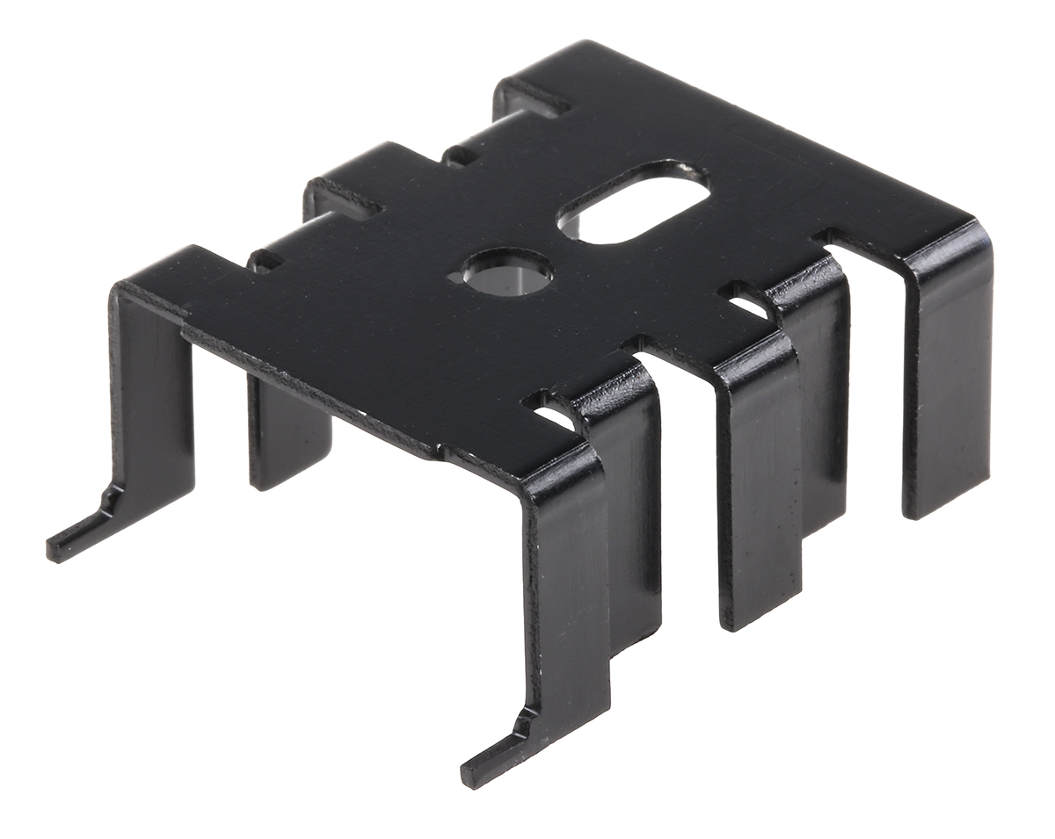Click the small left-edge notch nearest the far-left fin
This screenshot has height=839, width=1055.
tap(264, 261)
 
